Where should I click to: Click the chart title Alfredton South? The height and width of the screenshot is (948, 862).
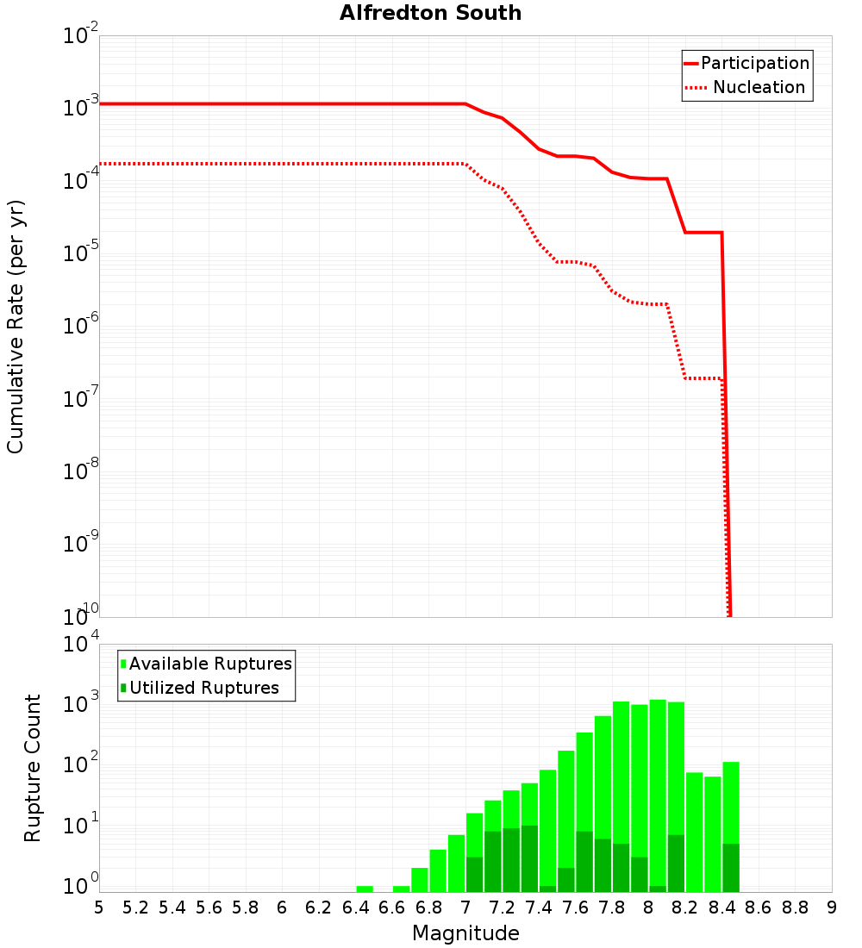(430, 13)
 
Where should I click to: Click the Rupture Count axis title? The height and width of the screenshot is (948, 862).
(33, 768)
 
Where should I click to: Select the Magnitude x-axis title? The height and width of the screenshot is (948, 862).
(465, 933)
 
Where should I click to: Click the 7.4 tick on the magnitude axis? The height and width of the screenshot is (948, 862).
(539, 907)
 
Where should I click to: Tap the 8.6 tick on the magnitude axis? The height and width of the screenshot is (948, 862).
(759, 907)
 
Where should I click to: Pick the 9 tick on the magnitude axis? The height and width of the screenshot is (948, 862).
(832, 907)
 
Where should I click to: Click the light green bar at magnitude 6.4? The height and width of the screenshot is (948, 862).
(365, 889)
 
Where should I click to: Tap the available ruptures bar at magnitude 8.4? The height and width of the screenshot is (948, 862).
(731, 801)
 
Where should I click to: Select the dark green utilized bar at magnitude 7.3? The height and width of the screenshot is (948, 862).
(529, 858)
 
